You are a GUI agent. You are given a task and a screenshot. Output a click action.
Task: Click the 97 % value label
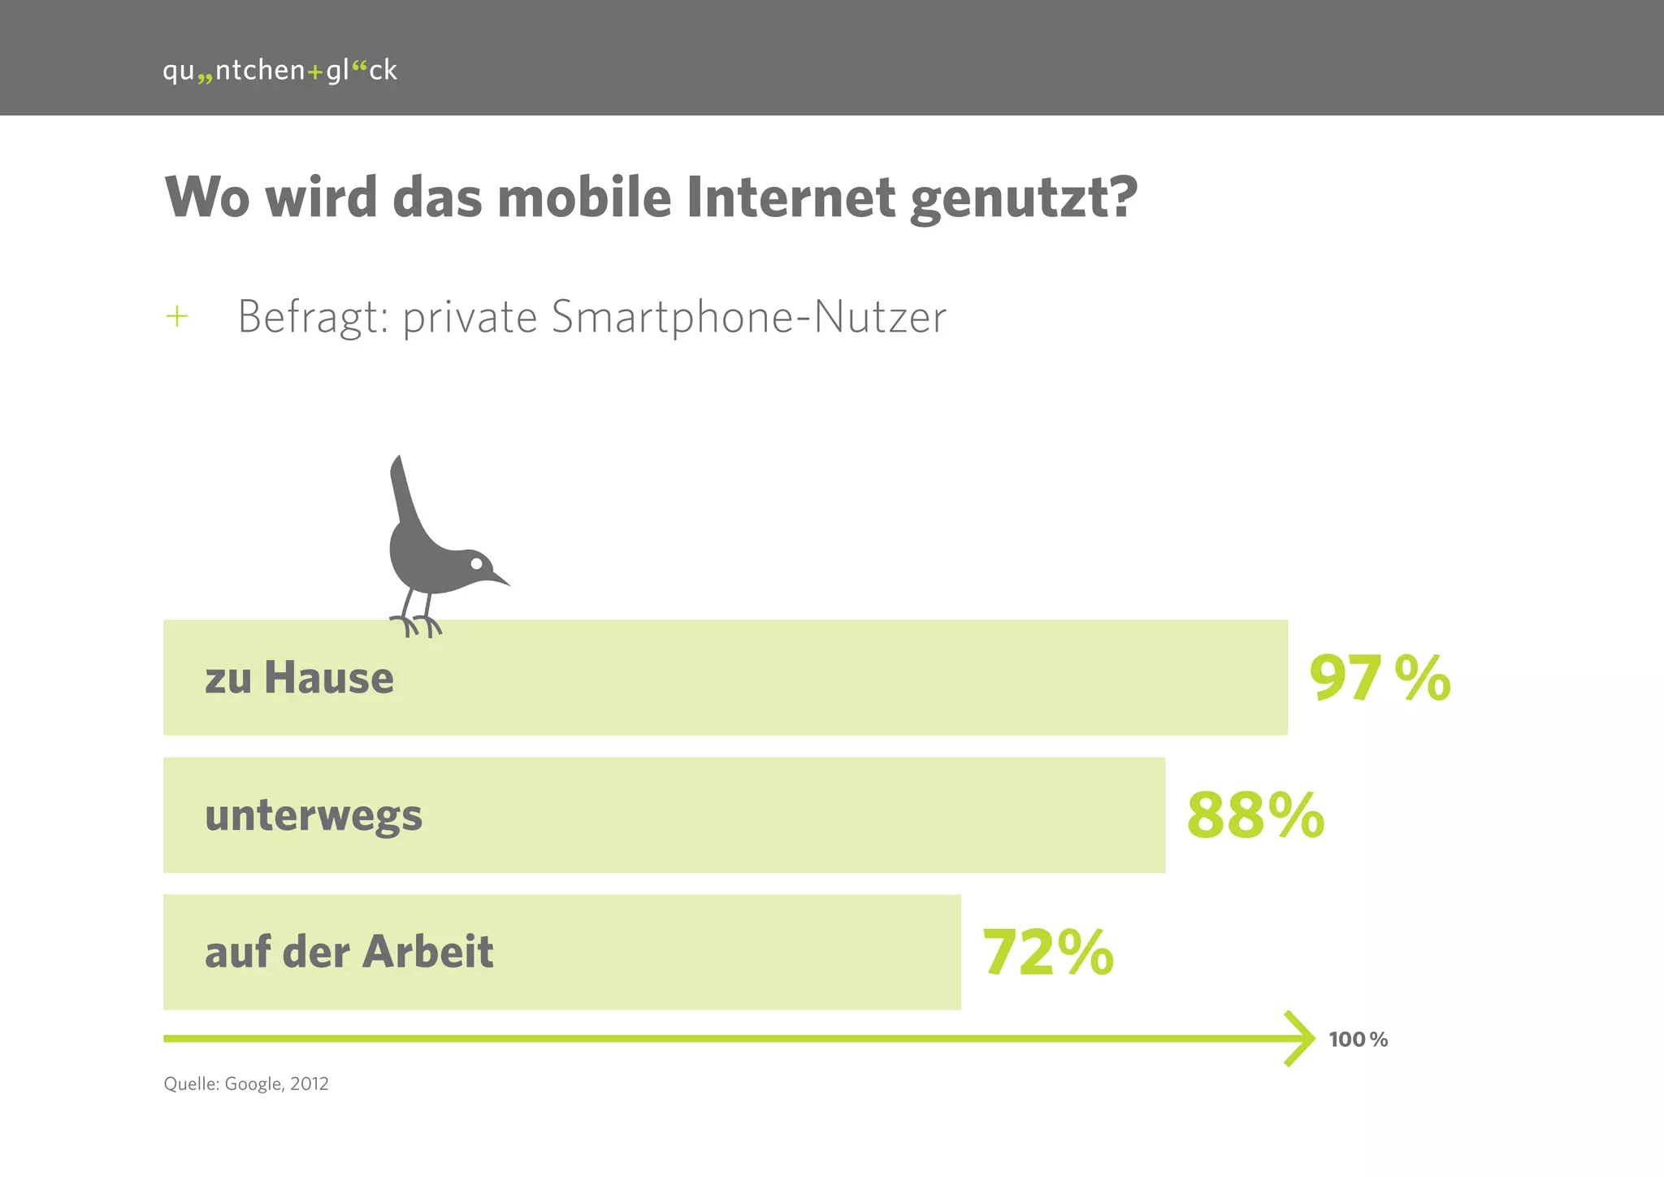tap(1380, 678)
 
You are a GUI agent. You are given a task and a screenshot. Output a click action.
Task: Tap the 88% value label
tap(1255, 815)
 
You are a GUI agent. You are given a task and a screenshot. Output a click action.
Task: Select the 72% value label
tap(1048, 952)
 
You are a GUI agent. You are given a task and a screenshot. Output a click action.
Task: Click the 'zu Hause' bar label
tap(299, 678)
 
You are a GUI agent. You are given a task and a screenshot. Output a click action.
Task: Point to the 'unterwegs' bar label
tap(314, 815)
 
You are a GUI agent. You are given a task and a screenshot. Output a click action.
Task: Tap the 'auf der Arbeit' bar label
tap(349, 952)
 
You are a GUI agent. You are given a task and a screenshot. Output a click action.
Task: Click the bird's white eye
tap(477, 563)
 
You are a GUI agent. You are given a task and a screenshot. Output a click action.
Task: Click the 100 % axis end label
tap(1358, 1040)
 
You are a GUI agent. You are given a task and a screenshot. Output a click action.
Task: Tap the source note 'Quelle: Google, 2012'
tap(246, 1084)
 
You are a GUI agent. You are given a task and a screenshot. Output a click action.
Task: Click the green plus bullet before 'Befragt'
tap(176, 316)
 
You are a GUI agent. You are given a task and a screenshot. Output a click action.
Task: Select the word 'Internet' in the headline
tap(791, 198)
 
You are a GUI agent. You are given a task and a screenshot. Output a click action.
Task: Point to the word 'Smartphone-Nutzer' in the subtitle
tap(748, 317)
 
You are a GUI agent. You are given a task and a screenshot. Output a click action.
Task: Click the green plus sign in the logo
tap(315, 72)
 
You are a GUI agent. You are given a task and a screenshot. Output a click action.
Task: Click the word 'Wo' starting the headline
tap(206, 198)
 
